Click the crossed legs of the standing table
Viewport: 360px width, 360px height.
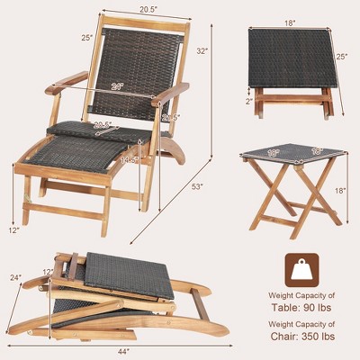[290, 193]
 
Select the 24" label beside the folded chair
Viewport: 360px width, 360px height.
[14, 278]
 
